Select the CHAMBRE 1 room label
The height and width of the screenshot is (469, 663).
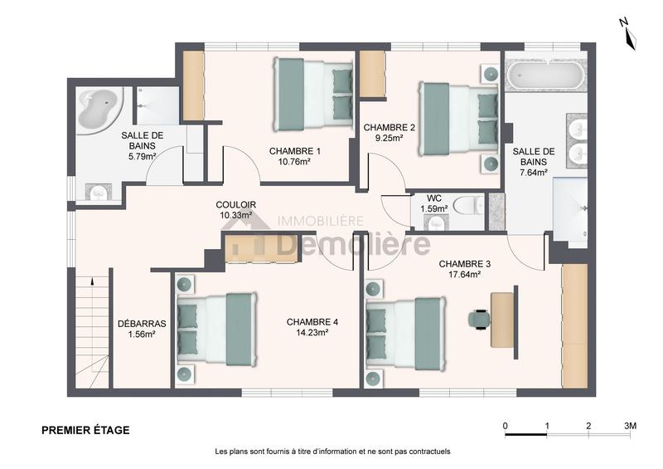click(x=294, y=151)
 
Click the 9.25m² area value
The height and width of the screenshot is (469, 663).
click(x=389, y=139)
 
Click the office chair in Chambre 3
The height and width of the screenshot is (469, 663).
click(x=479, y=318)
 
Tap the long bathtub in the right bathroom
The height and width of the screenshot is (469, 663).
click(x=545, y=76)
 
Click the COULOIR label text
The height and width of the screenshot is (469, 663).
click(x=235, y=204)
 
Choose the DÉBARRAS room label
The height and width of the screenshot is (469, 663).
click(x=142, y=324)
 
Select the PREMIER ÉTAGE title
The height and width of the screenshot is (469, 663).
click(x=85, y=430)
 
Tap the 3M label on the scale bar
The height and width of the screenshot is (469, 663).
click(x=630, y=426)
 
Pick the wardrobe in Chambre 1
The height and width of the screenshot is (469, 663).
click(x=193, y=85)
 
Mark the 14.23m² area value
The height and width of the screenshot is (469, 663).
click(x=307, y=333)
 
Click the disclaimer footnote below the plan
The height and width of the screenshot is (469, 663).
click(x=331, y=452)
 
